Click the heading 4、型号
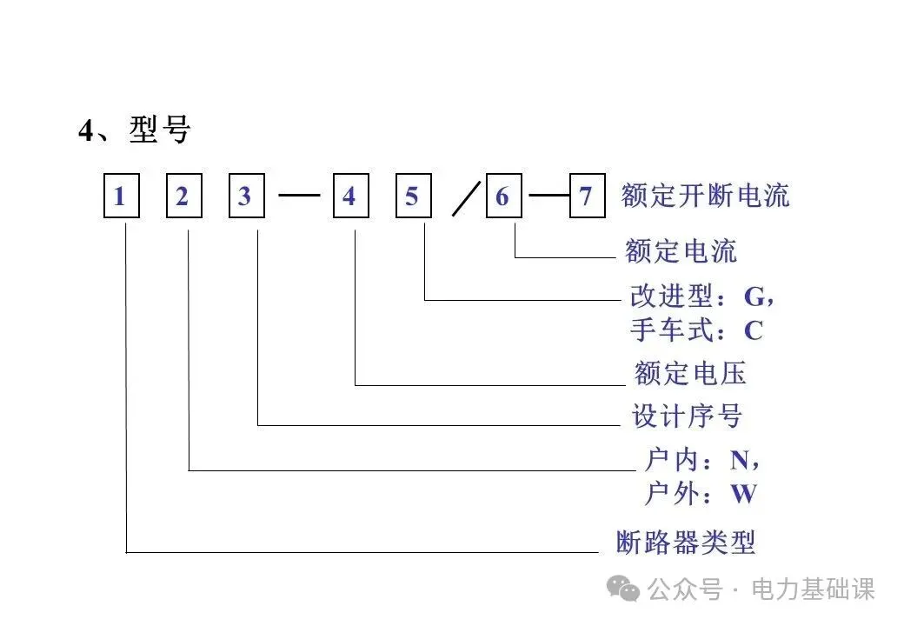click(134, 130)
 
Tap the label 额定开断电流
click(705, 196)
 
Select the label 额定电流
click(681, 251)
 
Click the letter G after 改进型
click(754, 296)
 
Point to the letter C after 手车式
click(753, 330)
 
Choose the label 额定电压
click(690, 374)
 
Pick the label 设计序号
click(687, 416)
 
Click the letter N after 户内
click(740, 460)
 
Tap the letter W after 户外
click(743, 495)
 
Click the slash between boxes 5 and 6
click(467, 201)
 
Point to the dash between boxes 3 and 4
click(299, 196)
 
